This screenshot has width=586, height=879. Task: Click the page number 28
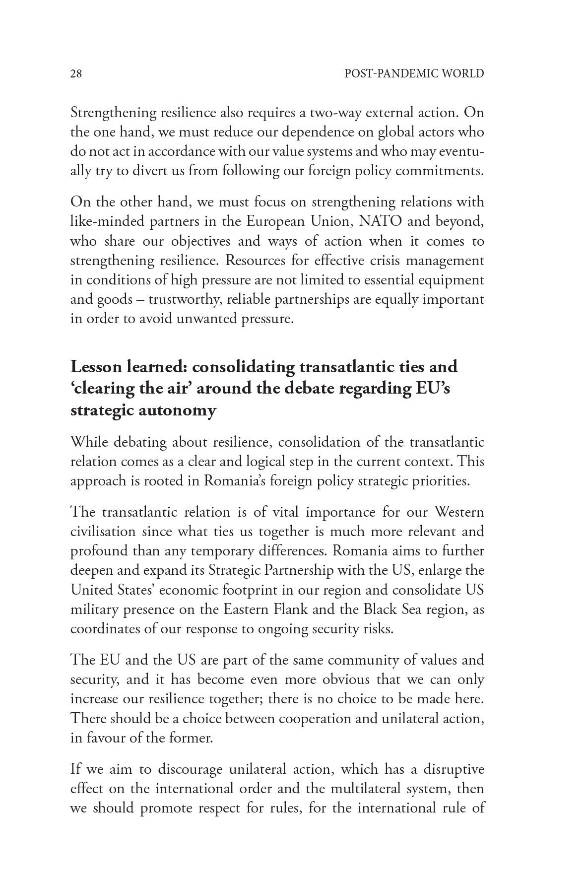(x=76, y=74)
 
